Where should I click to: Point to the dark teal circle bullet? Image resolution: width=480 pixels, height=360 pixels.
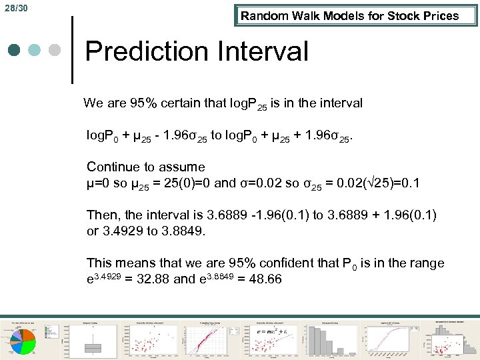pos(15,51)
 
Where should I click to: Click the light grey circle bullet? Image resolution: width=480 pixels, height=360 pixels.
pos(55,51)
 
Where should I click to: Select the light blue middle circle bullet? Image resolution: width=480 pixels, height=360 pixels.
pos(35,51)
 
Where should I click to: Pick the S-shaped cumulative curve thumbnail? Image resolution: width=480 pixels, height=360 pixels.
pos(390,340)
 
